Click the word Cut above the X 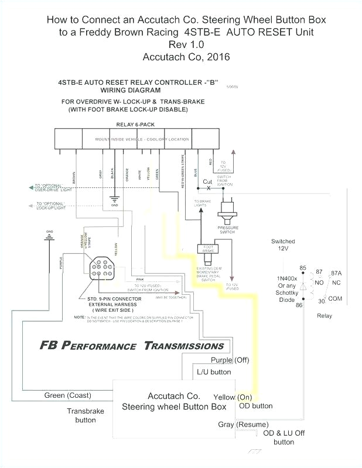click(x=208, y=182)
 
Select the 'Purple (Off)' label click(x=230, y=360)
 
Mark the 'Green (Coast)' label click(x=67, y=395)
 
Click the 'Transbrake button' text click(x=85, y=415)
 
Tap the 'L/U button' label click(x=213, y=371)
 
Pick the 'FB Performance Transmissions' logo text click(x=132, y=345)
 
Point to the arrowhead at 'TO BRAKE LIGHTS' click(x=200, y=209)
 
